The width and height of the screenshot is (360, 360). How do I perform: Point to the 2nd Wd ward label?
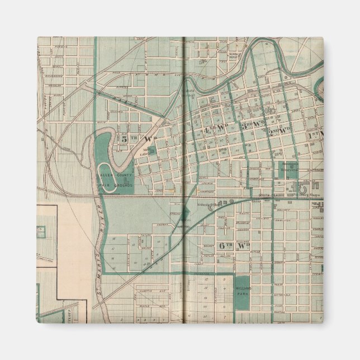(x=279, y=130)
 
